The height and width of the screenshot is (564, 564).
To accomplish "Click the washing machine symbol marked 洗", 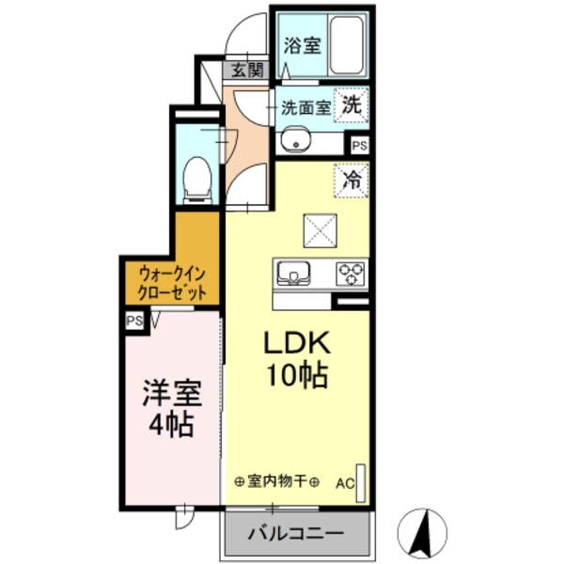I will [x=351, y=105].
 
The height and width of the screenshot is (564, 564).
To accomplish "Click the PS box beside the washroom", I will [x=359, y=145].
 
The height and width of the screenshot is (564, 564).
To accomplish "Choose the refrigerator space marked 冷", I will [x=352, y=180].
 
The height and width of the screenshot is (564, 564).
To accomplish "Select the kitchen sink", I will [x=293, y=274].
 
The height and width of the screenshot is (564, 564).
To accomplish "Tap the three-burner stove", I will [x=352, y=274].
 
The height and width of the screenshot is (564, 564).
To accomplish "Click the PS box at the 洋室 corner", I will [x=134, y=321].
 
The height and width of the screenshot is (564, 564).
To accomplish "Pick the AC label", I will [x=345, y=485].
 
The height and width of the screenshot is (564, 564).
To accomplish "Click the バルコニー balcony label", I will [x=295, y=534].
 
